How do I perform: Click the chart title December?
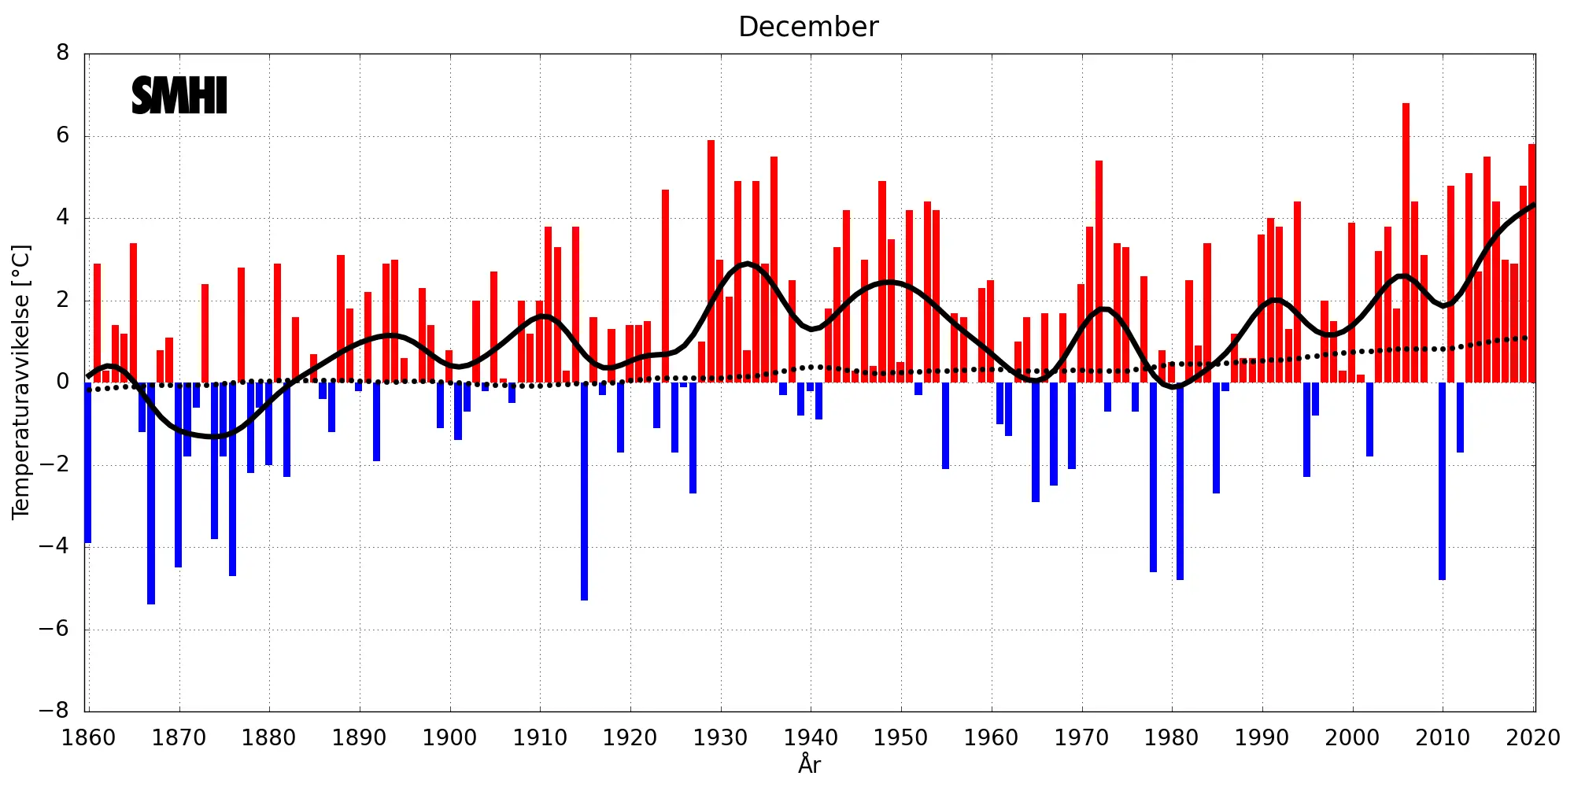[808, 28]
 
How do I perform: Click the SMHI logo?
[179, 96]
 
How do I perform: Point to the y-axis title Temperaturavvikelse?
[21, 382]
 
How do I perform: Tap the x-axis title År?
[809, 763]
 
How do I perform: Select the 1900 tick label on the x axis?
[449, 738]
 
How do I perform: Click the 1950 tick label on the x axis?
[900, 738]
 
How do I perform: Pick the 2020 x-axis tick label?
[1532, 738]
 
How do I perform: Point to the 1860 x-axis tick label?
[88, 738]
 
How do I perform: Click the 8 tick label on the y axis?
[63, 54]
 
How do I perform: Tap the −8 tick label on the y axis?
[54, 711]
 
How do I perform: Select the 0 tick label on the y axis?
[63, 382]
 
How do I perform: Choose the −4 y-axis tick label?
[54, 546]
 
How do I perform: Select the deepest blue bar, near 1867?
[151, 493]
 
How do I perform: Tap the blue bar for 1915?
[584, 491]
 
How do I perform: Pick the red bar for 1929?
[711, 261]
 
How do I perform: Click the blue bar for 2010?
[1442, 481]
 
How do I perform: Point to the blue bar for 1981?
[1180, 481]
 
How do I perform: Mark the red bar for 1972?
[1099, 272]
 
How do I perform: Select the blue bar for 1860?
[88, 462]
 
